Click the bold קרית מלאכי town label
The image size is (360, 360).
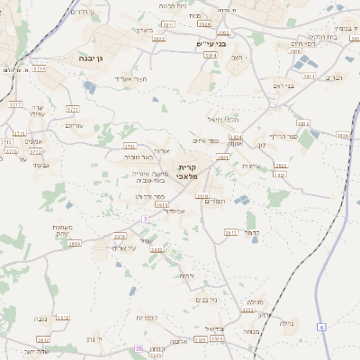pyautogui.click(x=187, y=173)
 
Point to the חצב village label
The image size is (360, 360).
pyautogui.click(x=238, y=58)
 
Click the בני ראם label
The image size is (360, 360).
pyautogui.click(x=284, y=87)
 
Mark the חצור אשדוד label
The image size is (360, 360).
pyautogui.click(x=130, y=78)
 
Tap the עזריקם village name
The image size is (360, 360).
pyautogui.click(x=74, y=125)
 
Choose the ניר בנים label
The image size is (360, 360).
pyautogui.click(x=206, y=300)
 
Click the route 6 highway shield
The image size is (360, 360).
pyautogui.click(x=321, y=327)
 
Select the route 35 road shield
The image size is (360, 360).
pyautogui.click(x=138, y=348)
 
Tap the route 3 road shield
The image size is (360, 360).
pyautogui.click(x=145, y=219)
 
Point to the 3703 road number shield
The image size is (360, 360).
pyautogui.click(x=130, y=145)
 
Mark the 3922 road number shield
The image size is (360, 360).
pyautogui.click(x=159, y=39)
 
